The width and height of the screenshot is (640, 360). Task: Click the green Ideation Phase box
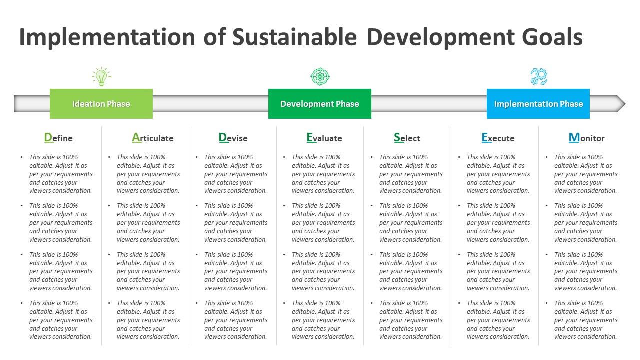(x=101, y=104)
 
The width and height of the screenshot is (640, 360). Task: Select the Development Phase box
(x=320, y=104)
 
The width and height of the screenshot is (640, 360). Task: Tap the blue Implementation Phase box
(x=538, y=104)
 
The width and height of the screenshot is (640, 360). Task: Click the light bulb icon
(x=101, y=77)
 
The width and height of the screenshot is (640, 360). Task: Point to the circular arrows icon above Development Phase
(x=320, y=77)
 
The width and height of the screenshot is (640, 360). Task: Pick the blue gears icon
(x=539, y=77)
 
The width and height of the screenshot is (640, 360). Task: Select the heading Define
(x=58, y=138)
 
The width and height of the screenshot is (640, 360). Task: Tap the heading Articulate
(x=153, y=138)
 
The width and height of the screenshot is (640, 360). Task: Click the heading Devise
(x=233, y=138)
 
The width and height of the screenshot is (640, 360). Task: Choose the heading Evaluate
(x=324, y=138)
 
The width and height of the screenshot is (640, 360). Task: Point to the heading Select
(x=407, y=138)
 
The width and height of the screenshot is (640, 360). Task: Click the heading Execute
(x=498, y=138)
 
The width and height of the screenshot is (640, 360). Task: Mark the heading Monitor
(x=587, y=138)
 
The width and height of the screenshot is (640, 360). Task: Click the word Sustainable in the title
(x=294, y=38)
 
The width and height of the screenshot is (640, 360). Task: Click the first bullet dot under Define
(x=22, y=157)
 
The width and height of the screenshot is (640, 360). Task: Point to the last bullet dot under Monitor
(x=547, y=303)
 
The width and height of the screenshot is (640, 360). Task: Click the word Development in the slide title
(x=440, y=38)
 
